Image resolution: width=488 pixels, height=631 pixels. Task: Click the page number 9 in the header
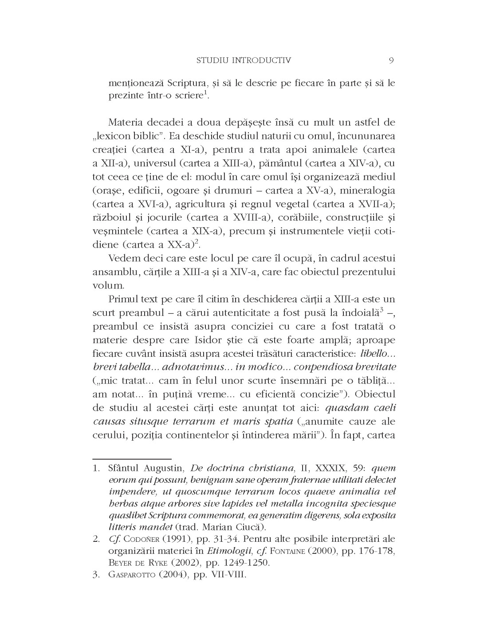point(391,60)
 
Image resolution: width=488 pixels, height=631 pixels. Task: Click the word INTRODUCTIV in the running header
point(264,60)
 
